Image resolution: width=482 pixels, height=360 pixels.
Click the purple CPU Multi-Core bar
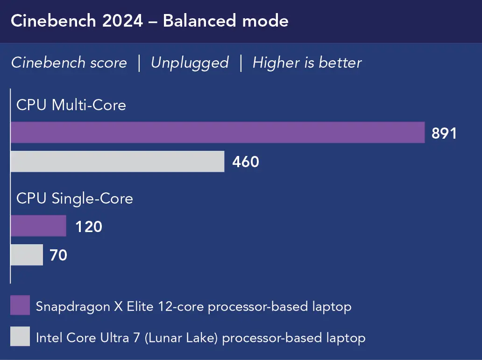pyautogui.click(x=217, y=133)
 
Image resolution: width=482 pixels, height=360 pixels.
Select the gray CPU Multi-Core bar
pyautogui.click(x=117, y=162)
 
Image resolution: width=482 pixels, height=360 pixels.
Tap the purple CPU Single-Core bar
pyautogui.click(x=38, y=226)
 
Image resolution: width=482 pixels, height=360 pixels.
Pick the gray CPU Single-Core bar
pyautogui.click(x=27, y=255)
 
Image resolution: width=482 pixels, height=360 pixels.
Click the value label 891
pyautogui.click(x=444, y=134)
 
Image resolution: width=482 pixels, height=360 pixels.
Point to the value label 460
pyautogui.click(x=246, y=162)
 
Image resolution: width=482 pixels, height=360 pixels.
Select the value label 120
pyautogui.click(x=89, y=227)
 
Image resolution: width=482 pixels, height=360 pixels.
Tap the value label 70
pyautogui.click(x=58, y=255)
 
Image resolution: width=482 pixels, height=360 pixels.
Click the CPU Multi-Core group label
pyautogui.click(x=71, y=105)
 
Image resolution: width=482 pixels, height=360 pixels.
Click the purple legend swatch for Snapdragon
pyautogui.click(x=20, y=305)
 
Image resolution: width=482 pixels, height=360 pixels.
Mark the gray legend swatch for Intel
pyautogui.click(x=20, y=336)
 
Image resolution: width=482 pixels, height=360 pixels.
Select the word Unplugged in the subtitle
pyautogui.click(x=190, y=63)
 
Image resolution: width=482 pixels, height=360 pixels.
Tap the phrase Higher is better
pyautogui.click(x=307, y=63)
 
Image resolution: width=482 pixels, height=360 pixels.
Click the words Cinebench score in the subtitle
pyautogui.click(x=69, y=63)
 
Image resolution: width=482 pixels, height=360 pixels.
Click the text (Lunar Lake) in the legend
pyautogui.click(x=181, y=337)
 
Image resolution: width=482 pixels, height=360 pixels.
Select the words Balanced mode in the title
pyautogui.click(x=226, y=21)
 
